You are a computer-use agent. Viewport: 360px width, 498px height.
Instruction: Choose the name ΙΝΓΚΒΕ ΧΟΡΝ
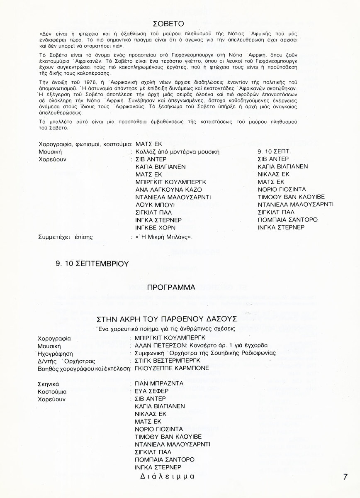(156, 228)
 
